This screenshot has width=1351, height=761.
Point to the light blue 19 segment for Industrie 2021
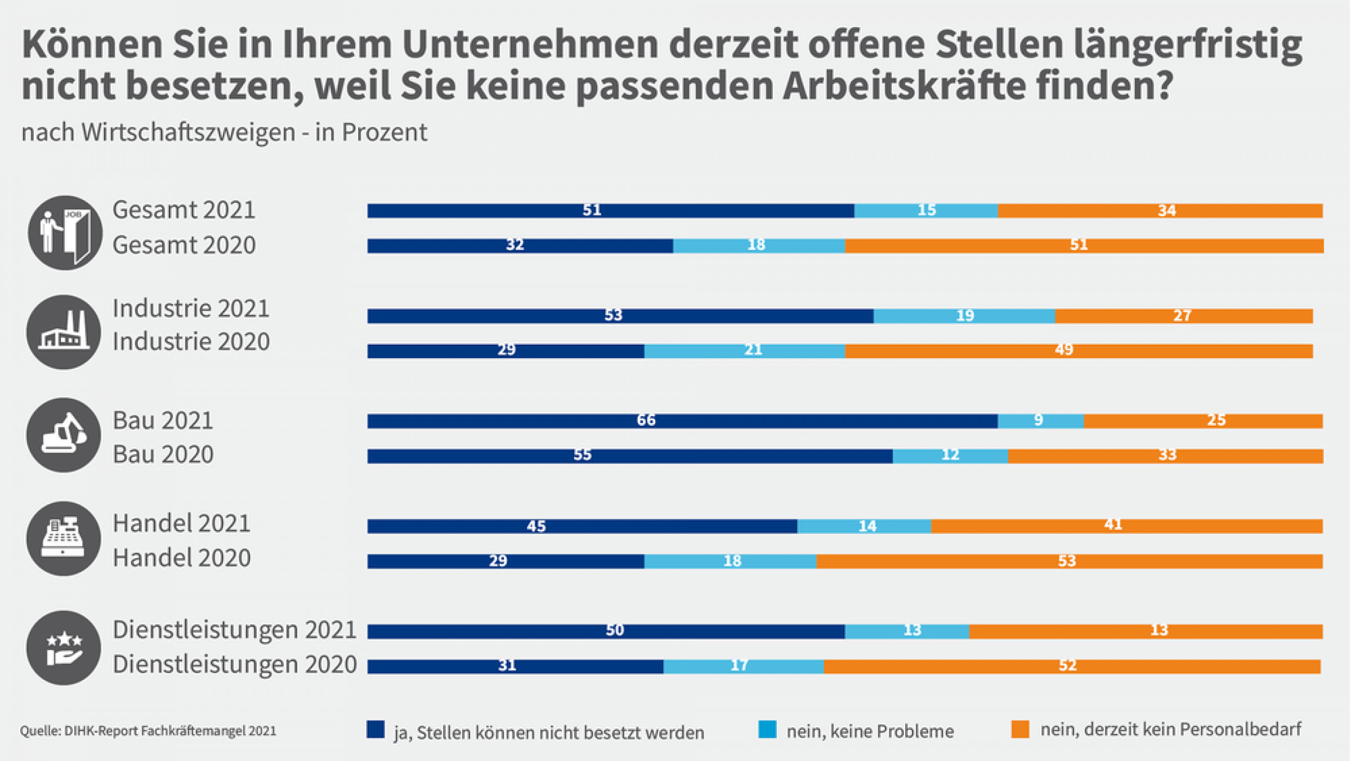click(964, 316)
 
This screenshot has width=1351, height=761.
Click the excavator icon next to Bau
click(64, 435)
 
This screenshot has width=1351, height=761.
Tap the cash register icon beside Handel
click(64, 539)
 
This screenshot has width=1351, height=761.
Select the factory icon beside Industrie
click(64, 332)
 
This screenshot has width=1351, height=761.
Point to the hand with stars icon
click(64, 648)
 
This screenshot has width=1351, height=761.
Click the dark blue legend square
click(375, 729)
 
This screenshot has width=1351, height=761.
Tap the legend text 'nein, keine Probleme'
click(870, 731)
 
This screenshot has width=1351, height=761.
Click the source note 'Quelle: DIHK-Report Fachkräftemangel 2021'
click(148, 731)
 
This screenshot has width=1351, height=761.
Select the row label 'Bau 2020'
click(163, 455)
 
